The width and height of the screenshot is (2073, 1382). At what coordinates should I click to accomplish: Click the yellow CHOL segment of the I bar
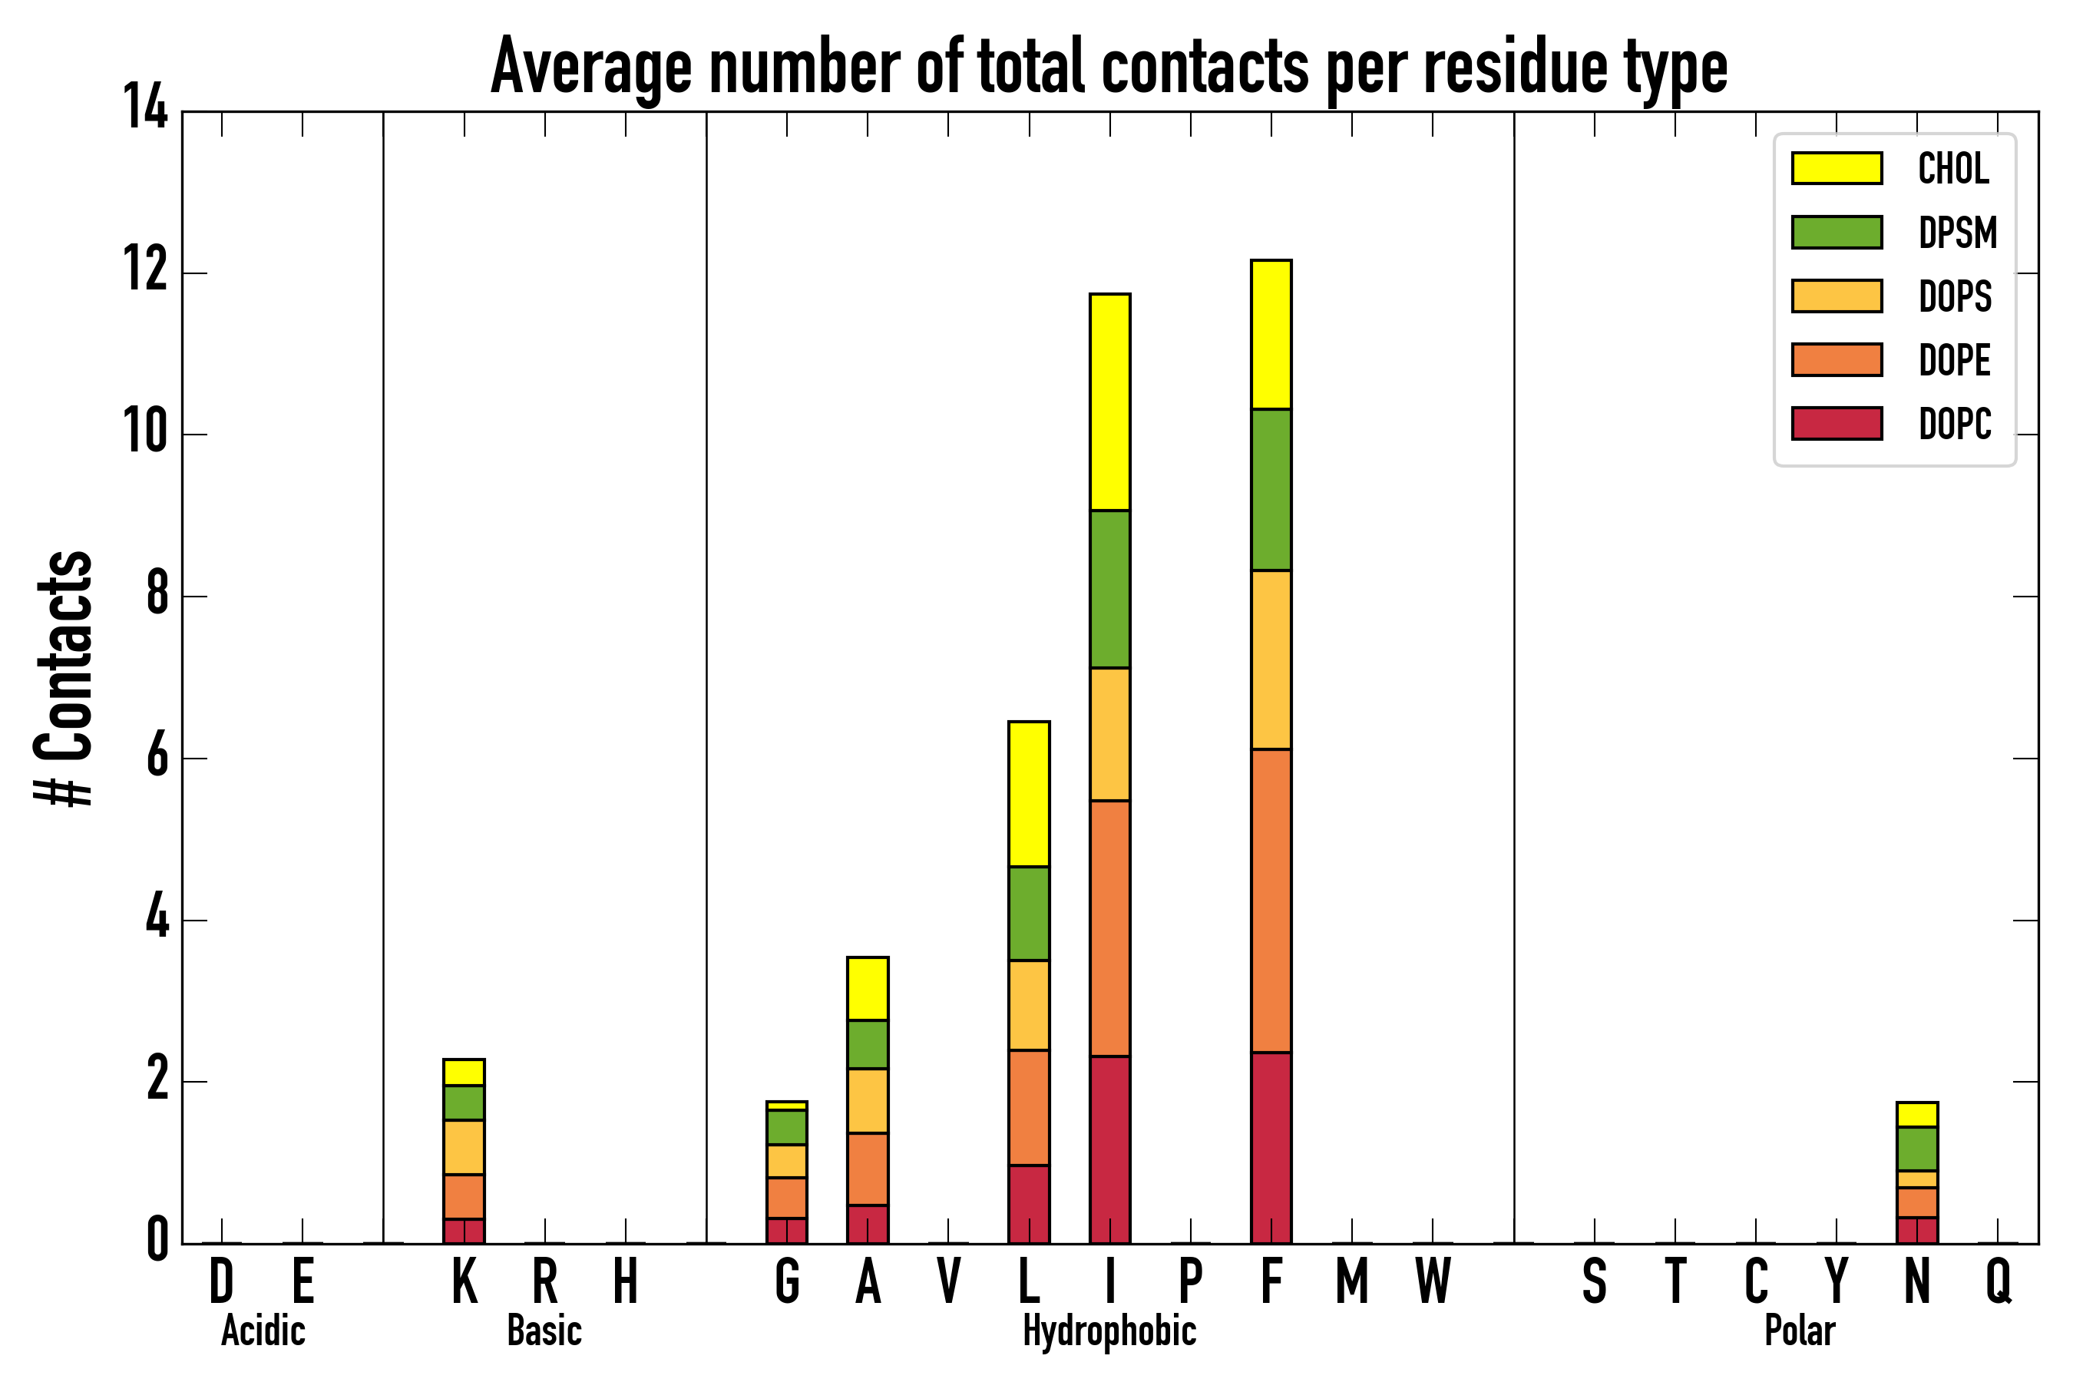pos(1109,402)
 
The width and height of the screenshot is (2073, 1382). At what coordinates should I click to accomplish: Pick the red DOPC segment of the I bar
pos(1109,1149)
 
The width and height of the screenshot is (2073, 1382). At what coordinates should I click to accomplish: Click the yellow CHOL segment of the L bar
pos(1029,794)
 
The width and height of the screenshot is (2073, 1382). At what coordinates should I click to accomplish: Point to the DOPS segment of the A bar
pos(868,1101)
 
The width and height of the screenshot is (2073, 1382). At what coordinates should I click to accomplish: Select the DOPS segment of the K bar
pos(464,1148)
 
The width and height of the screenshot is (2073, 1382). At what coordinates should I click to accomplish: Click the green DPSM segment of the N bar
pos(1917,1149)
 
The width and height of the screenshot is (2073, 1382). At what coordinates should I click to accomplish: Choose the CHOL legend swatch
pos(1837,168)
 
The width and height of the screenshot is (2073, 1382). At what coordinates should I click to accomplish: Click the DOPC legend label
pos(1955,424)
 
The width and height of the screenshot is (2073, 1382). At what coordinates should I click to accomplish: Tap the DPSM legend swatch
pos(1837,233)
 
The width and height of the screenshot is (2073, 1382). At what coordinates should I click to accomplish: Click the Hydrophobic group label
pos(1109,1331)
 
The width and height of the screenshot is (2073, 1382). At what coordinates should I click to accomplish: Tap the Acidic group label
pos(263,1331)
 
